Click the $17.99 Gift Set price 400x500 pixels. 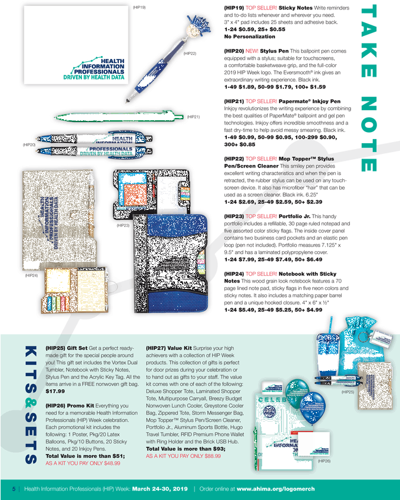point(55,391)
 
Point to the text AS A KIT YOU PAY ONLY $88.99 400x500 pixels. point(183,456)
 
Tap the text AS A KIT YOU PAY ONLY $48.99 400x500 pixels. point(83,463)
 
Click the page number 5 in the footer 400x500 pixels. point(14,489)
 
